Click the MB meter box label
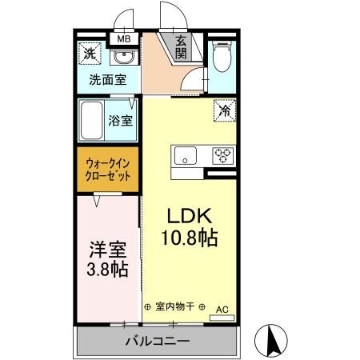tap(124, 38)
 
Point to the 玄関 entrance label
tap(182, 47)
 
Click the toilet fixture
tap(222, 61)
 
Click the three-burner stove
tap(222, 154)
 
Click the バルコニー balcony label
tap(157, 342)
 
